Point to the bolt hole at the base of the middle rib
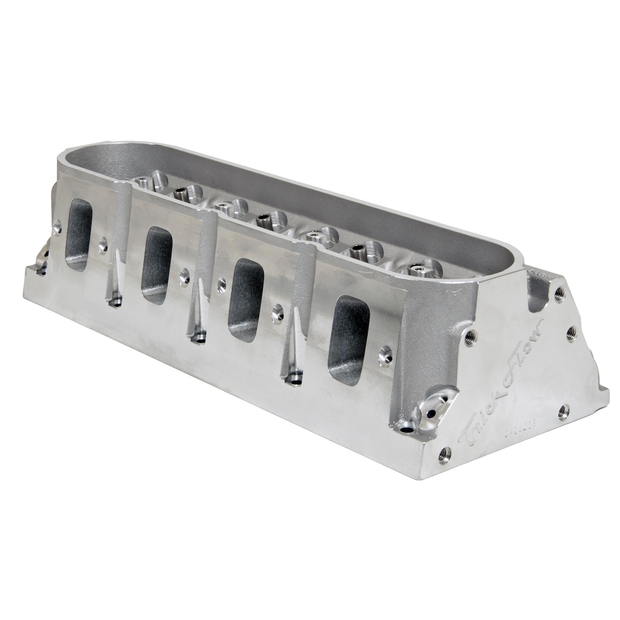tap(199, 338)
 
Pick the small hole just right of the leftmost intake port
tap(102, 245)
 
